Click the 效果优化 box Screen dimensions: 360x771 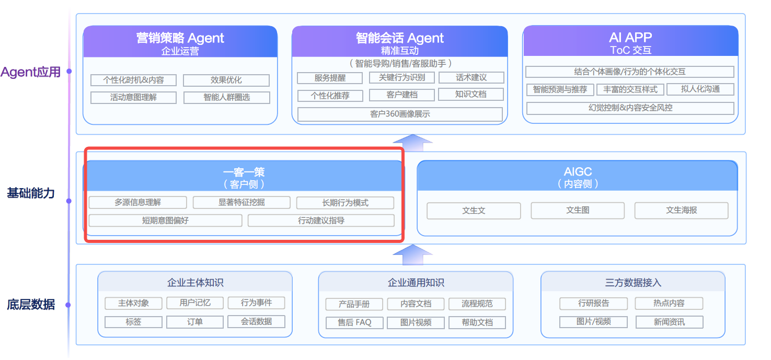click(x=226, y=80)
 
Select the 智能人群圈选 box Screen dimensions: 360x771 click(x=226, y=98)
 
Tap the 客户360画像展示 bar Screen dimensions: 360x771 click(x=400, y=114)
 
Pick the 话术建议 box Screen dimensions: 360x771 click(x=471, y=78)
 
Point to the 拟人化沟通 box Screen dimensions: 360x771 click(x=700, y=89)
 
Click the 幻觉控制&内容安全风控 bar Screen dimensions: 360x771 click(x=630, y=108)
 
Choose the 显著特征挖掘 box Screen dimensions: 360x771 click(x=241, y=203)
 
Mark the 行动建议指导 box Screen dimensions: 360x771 click(x=321, y=220)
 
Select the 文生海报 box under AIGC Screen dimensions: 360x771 click(x=681, y=211)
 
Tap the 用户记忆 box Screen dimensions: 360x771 click(x=195, y=303)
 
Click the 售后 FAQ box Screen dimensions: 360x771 click(x=354, y=322)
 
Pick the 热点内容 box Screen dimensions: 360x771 click(x=669, y=303)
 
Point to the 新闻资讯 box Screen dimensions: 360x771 click(x=669, y=322)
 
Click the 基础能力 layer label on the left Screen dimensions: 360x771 click(x=31, y=193)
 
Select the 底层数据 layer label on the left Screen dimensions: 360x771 click(x=31, y=305)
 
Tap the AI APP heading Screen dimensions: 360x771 click(x=630, y=38)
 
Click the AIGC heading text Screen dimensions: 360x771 click(x=578, y=172)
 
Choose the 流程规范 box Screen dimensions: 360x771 click(x=477, y=304)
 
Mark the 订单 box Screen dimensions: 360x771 click(x=195, y=322)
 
